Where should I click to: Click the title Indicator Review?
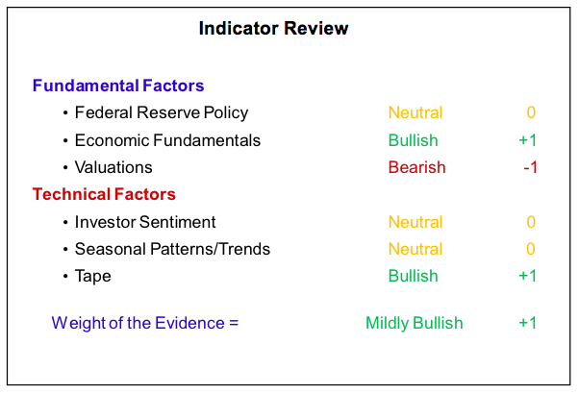(273, 29)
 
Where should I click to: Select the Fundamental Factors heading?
(118, 86)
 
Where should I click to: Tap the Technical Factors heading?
(104, 194)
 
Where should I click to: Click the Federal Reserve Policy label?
(162, 112)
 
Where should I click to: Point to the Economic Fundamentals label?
(167, 140)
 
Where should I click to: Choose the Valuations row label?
(113, 167)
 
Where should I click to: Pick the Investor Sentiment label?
(145, 222)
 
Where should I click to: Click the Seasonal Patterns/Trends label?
(172, 249)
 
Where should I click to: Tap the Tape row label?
(92, 277)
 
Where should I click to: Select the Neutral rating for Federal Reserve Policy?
(415, 112)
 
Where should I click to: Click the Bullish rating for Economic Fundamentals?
(413, 140)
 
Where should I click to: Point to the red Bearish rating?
(416, 167)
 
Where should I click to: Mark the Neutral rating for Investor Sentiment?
(415, 222)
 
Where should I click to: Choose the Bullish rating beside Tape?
(413, 276)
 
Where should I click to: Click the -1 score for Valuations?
(530, 168)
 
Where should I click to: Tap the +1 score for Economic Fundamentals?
(527, 140)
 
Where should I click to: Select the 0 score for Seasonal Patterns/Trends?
(531, 249)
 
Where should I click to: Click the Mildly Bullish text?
(414, 323)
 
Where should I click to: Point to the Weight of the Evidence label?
(144, 323)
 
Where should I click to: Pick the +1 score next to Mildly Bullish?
(527, 323)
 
